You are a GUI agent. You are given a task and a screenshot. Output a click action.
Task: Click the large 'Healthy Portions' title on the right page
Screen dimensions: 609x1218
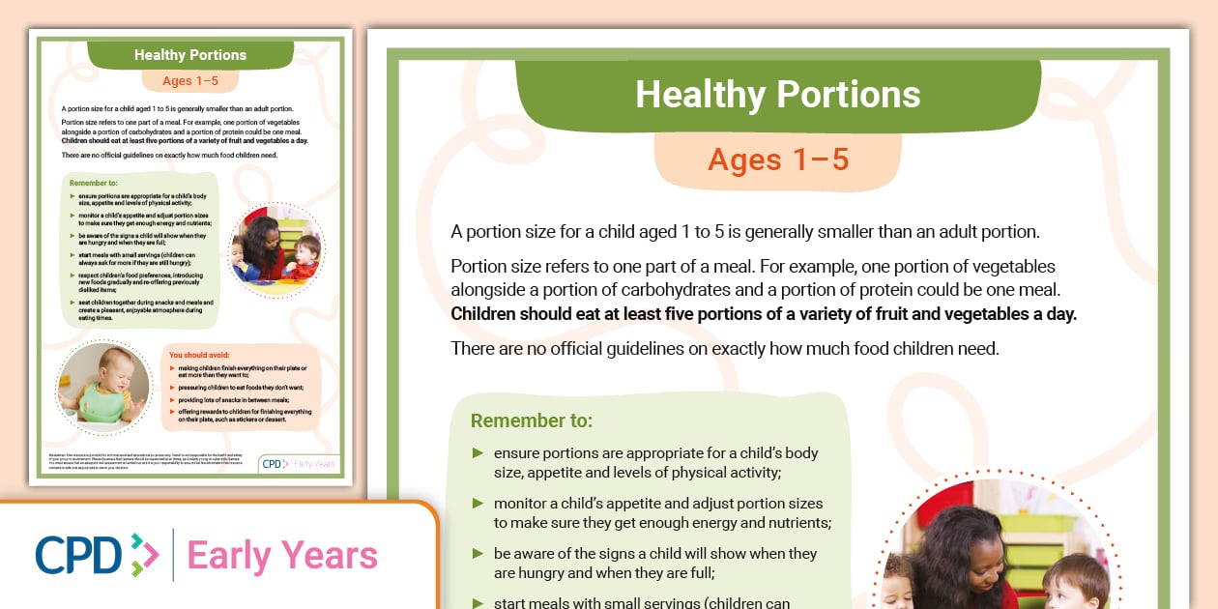click(777, 95)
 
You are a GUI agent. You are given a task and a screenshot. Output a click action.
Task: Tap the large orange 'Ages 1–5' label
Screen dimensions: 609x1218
click(777, 159)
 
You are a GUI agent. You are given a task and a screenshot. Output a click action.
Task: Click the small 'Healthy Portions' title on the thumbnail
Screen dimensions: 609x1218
click(190, 55)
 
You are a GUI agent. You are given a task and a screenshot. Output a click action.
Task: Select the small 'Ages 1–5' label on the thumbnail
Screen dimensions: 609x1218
click(190, 80)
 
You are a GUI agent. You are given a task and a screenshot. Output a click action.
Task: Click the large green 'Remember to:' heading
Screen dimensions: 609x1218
click(531, 420)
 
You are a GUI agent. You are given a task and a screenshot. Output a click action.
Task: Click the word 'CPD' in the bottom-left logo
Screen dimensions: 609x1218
click(79, 555)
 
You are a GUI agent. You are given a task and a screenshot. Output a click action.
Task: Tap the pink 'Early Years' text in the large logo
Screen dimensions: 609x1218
click(281, 556)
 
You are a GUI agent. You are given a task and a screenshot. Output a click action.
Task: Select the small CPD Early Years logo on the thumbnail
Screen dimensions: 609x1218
click(300, 464)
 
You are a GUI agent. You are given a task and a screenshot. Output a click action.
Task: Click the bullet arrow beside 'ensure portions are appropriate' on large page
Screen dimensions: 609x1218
click(478, 452)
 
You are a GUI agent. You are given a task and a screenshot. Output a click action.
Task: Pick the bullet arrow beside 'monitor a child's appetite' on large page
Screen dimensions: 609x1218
click(478, 503)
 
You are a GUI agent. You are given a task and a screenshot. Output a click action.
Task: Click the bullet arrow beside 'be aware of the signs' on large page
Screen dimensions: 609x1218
click(478, 553)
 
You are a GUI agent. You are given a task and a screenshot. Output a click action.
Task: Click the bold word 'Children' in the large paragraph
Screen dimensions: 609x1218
click(487, 314)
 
